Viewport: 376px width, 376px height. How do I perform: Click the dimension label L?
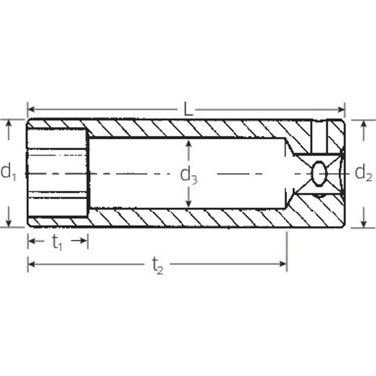[x=188, y=110]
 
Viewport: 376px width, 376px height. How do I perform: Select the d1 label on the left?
[x=9, y=172]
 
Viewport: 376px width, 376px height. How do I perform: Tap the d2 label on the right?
[x=363, y=172]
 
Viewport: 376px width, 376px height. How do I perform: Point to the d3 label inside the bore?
[x=189, y=175]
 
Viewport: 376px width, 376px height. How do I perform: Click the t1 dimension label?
[x=57, y=243]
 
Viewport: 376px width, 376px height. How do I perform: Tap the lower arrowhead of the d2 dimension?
[x=363, y=223]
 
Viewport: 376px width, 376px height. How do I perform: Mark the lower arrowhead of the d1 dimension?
[x=9, y=223]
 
